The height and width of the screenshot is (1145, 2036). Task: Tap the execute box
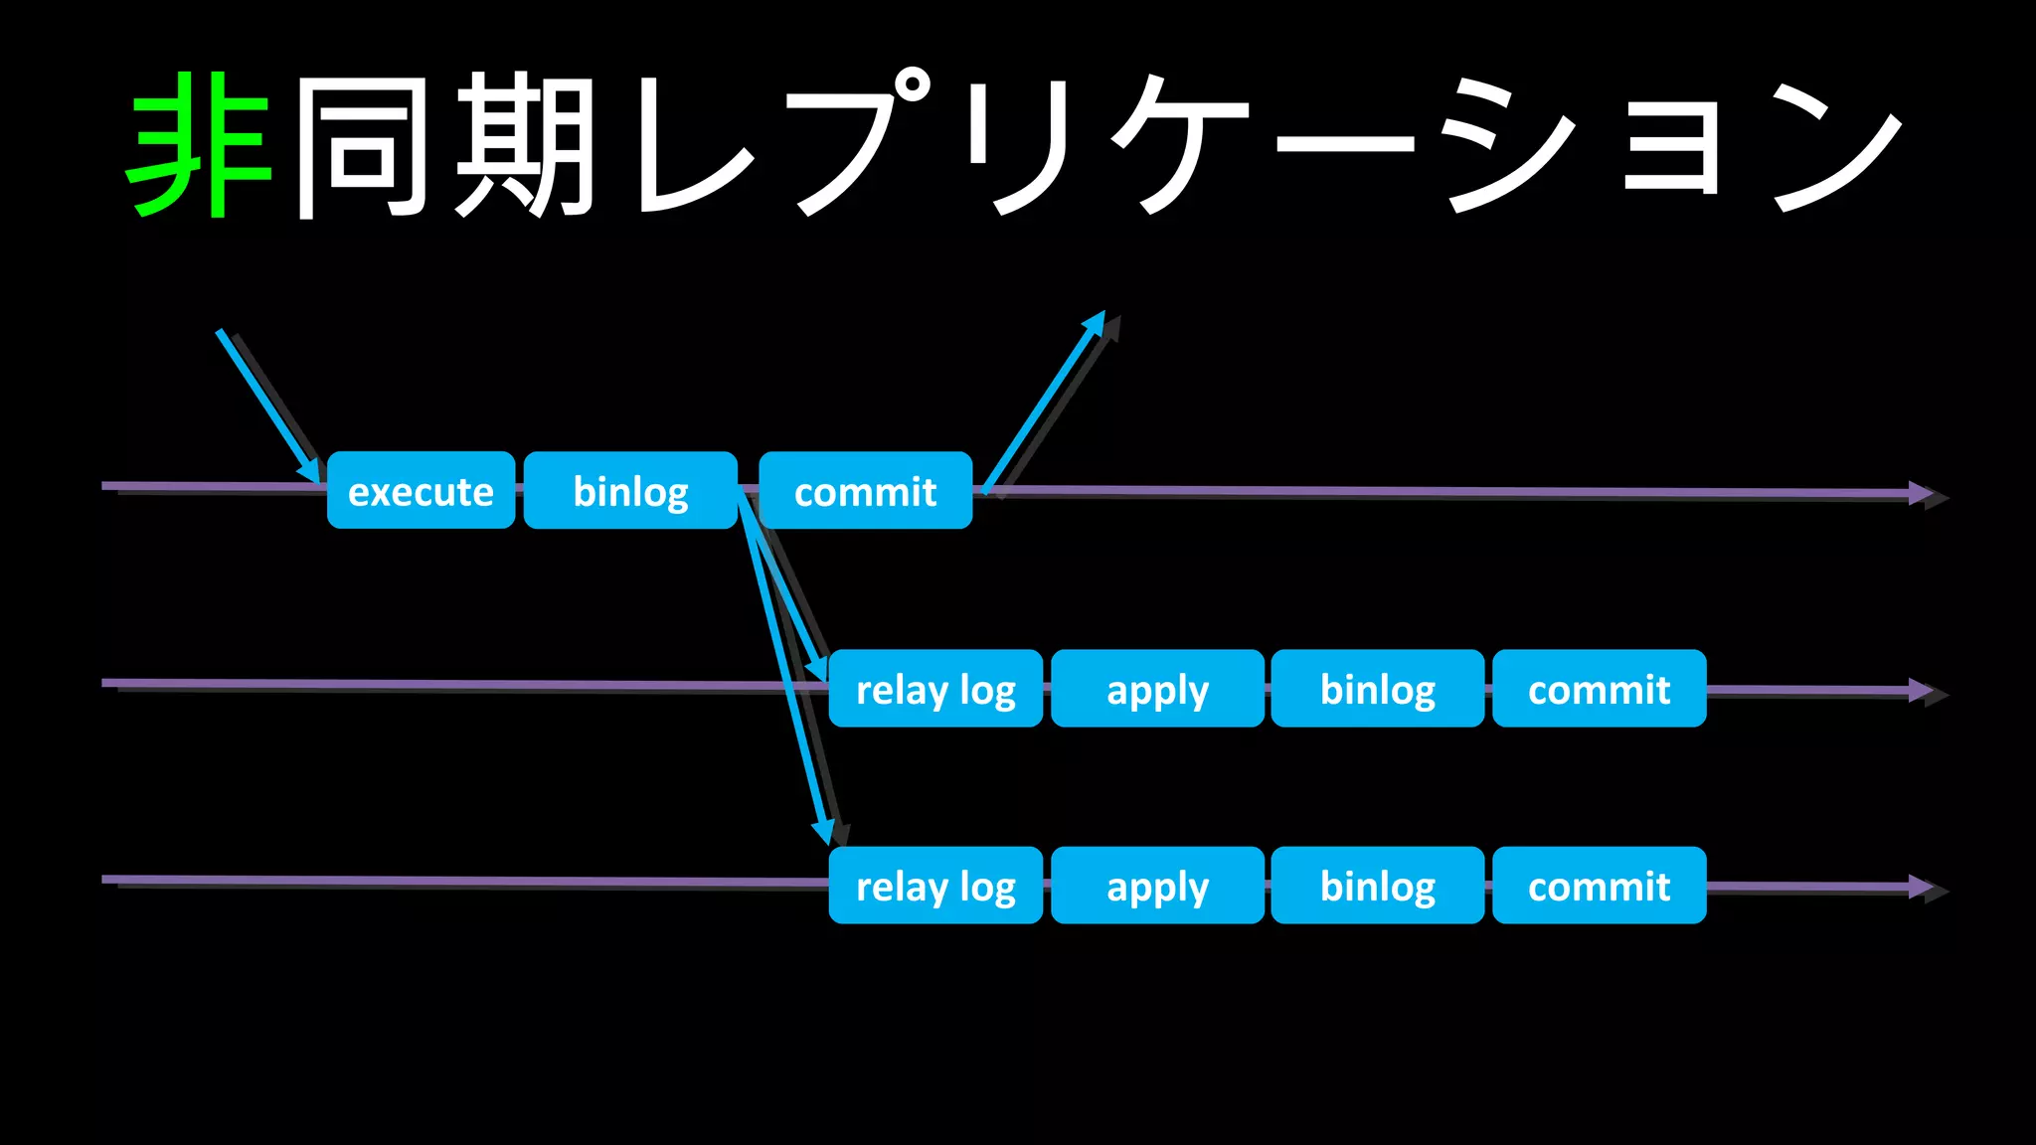tap(421, 490)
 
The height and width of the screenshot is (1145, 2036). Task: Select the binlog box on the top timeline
tap(630, 490)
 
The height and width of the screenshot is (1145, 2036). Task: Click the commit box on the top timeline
tap(865, 490)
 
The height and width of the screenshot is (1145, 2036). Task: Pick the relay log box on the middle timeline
tap(935, 688)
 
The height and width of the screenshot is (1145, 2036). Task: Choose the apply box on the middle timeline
tap(1157, 688)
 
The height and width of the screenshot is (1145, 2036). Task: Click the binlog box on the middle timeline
tap(1377, 688)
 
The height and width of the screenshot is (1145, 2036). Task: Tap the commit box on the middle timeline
tap(1599, 688)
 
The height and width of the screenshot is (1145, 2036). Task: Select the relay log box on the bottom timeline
tap(935, 885)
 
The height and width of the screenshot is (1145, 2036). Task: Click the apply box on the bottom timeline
tap(1157, 885)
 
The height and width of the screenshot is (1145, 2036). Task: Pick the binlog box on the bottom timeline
tap(1377, 885)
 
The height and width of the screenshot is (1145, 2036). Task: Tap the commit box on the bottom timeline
tap(1599, 885)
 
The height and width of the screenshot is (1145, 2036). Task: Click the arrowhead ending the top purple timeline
tap(1921, 493)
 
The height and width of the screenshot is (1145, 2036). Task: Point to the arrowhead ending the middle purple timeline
tap(1921, 690)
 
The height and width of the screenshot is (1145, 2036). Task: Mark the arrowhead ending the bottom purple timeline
tap(1921, 887)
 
